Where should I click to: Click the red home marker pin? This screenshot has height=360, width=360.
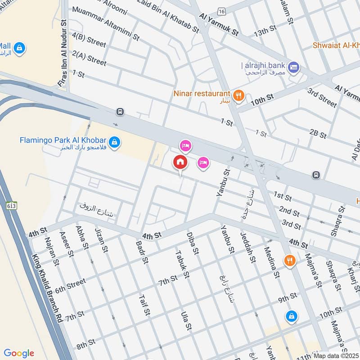[x=180, y=162]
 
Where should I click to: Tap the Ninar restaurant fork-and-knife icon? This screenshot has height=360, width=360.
[x=239, y=95]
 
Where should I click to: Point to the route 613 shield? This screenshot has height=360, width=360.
[x=11, y=206]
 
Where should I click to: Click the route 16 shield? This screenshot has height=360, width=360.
[x=220, y=10]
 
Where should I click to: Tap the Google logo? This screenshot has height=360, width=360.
[x=19, y=353]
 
